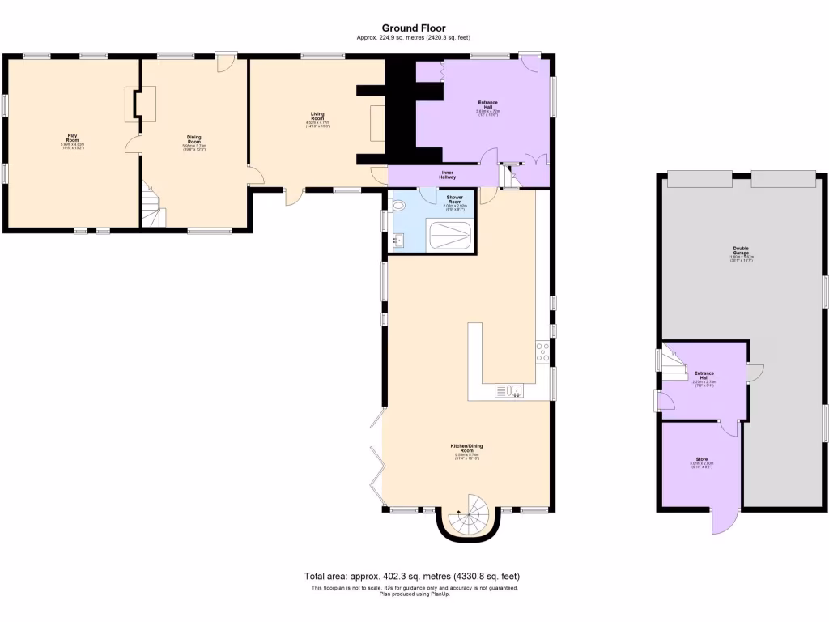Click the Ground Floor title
click(414, 28)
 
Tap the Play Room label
click(72, 140)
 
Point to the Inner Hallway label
click(448, 174)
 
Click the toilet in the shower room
click(396, 205)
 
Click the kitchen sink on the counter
click(511, 391)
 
